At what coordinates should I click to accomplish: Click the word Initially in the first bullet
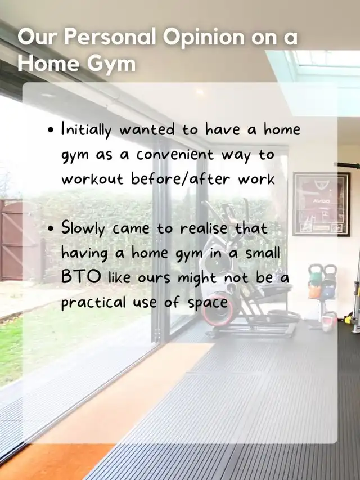(x=86, y=129)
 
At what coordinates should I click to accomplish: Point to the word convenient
(x=175, y=154)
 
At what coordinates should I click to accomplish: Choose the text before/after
(x=181, y=178)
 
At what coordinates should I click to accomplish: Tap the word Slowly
(x=83, y=228)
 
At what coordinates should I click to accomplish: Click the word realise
(x=204, y=228)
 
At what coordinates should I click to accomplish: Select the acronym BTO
(x=81, y=277)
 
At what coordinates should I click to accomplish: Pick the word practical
(x=93, y=302)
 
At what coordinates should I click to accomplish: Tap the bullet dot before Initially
(x=51, y=130)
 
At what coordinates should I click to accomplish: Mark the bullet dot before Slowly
(x=51, y=228)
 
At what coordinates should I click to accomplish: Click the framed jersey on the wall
(x=321, y=204)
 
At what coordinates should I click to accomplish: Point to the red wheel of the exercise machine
(x=217, y=313)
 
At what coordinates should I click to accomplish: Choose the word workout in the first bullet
(x=92, y=178)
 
